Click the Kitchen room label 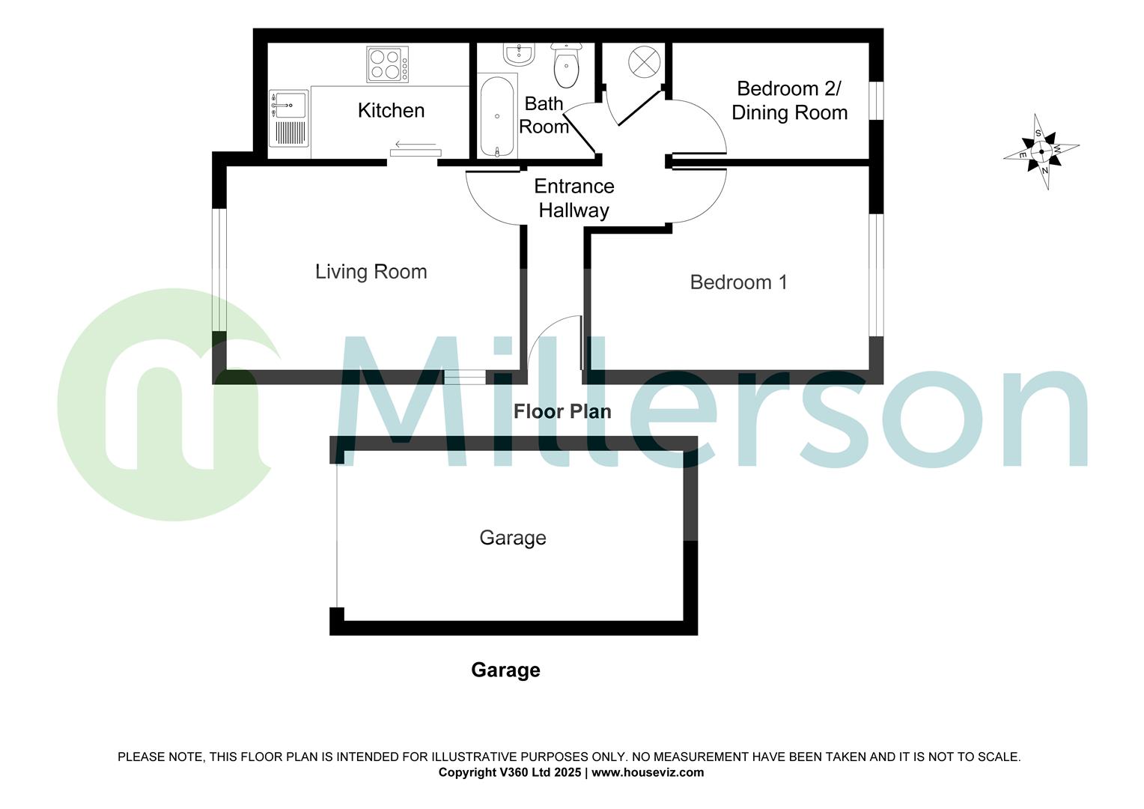[x=391, y=111]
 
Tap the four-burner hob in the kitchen [x=388, y=64]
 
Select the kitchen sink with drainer [x=288, y=118]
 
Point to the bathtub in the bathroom [x=496, y=115]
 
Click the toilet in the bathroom [x=567, y=65]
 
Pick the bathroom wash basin [x=518, y=54]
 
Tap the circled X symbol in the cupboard [x=643, y=61]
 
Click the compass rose [x=1041, y=151]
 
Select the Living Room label [x=371, y=271]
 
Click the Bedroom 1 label [x=738, y=282]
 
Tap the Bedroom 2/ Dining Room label [x=789, y=100]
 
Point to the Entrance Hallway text [x=573, y=199]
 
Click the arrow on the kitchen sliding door [x=416, y=145]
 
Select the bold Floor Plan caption [x=562, y=411]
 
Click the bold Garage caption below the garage [x=505, y=670]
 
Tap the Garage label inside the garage [x=513, y=538]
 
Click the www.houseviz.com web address [x=648, y=772]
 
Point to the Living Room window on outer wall [x=219, y=270]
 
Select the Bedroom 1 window [x=876, y=275]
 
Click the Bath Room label [x=544, y=115]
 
